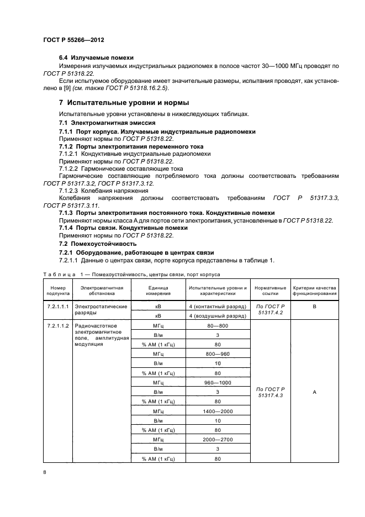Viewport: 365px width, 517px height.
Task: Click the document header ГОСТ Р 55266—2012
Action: (73, 40)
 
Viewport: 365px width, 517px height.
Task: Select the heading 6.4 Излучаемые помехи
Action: (96, 57)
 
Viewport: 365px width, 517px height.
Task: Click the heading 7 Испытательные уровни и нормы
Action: (124, 103)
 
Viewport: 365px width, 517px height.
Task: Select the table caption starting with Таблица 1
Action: (131, 274)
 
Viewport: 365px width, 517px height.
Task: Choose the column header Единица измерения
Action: (157, 291)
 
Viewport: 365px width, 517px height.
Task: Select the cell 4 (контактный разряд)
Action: (218, 305)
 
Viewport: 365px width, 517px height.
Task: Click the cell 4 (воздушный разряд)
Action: (218, 315)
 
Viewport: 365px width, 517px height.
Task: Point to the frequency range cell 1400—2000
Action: (218, 412)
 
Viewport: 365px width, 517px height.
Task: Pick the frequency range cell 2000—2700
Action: (218, 440)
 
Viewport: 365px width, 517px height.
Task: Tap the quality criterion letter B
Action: (314, 305)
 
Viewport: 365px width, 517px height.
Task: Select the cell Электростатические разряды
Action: (101, 309)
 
